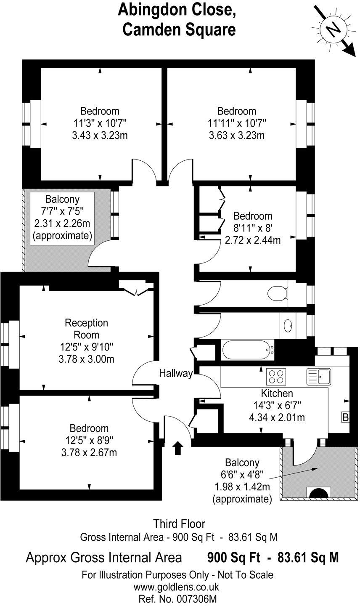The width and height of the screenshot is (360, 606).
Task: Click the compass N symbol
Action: pyautogui.click(x=334, y=29)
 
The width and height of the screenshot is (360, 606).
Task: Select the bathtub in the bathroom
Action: pyautogui.click(x=248, y=349)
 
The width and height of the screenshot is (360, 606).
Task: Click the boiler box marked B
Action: pyautogui.click(x=345, y=417)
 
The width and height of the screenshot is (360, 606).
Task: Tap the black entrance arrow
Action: pyautogui.click(x=178, y=448)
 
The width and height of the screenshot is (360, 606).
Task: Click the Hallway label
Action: pyautogui.click(x=176, y=373)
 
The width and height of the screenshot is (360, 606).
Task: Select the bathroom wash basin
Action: pyautogui.click(x=289, y=325)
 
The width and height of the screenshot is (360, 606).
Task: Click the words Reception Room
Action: pyautogui.click(x=86, y=329)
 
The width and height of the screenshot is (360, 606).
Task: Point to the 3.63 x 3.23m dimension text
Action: pyautogui.click(x=236, y=136)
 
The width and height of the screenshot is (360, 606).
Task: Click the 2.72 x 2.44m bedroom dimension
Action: pyautogui.click(x=253, y=240)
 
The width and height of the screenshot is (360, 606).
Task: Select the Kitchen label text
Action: pyautogui.click(x=277, y=393)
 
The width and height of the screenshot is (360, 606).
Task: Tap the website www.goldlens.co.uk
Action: pyautogui.click(x=177, y=587)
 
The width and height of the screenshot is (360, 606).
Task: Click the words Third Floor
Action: pyautogui.click(x=179, y=524)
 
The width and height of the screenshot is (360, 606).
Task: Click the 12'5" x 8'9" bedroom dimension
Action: pyautogui.click(x=89, y=440)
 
